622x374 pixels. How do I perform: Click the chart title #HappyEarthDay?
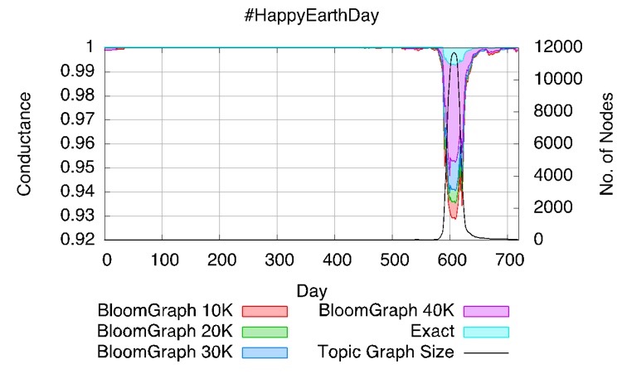pyautogui.click(x=311, y=15)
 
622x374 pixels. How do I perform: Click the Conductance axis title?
pyautogui.click(x=25, y=143)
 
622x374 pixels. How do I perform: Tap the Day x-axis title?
pyautogui.click(x=311, y=291)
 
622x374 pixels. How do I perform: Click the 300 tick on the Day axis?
pyautogui.click(x=277, y=259)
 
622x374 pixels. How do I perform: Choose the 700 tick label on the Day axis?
pyautogui.click(x=507, y=259)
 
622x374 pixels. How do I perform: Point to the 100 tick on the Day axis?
pyautogui.click(x=163, y=259)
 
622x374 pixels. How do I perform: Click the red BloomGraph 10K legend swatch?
pyautogui.click(x=264, y=311)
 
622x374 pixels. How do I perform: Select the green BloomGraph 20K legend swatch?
pyautogui.click(x=264, y=331)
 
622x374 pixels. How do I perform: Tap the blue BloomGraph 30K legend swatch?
pyautogui.click(x=264, y=352)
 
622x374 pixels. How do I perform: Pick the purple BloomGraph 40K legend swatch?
pyautogui.click(x=486, y=311)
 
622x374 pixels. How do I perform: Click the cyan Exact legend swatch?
pyautogui.click(x=486, y=331)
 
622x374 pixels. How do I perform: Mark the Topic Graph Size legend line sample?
pyautogui.click(x=486, y=352)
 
